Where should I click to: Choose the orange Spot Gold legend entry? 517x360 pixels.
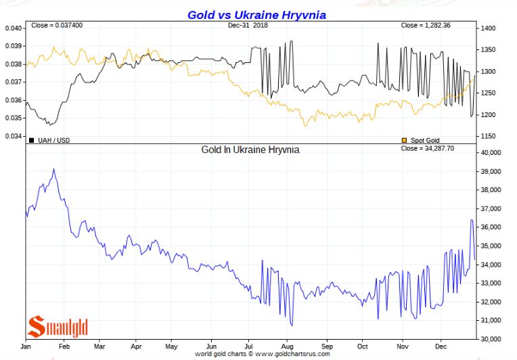click(x=423, y=140)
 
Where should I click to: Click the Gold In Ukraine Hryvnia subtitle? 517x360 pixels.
click(x=250, y=149)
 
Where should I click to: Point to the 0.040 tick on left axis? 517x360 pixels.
click(x=13, y=28)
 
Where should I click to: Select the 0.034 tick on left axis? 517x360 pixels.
click(x=13, y=136)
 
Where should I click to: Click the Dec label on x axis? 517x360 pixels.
click(x=442, y=345)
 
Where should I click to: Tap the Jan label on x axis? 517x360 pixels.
click(x=27, y=345)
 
